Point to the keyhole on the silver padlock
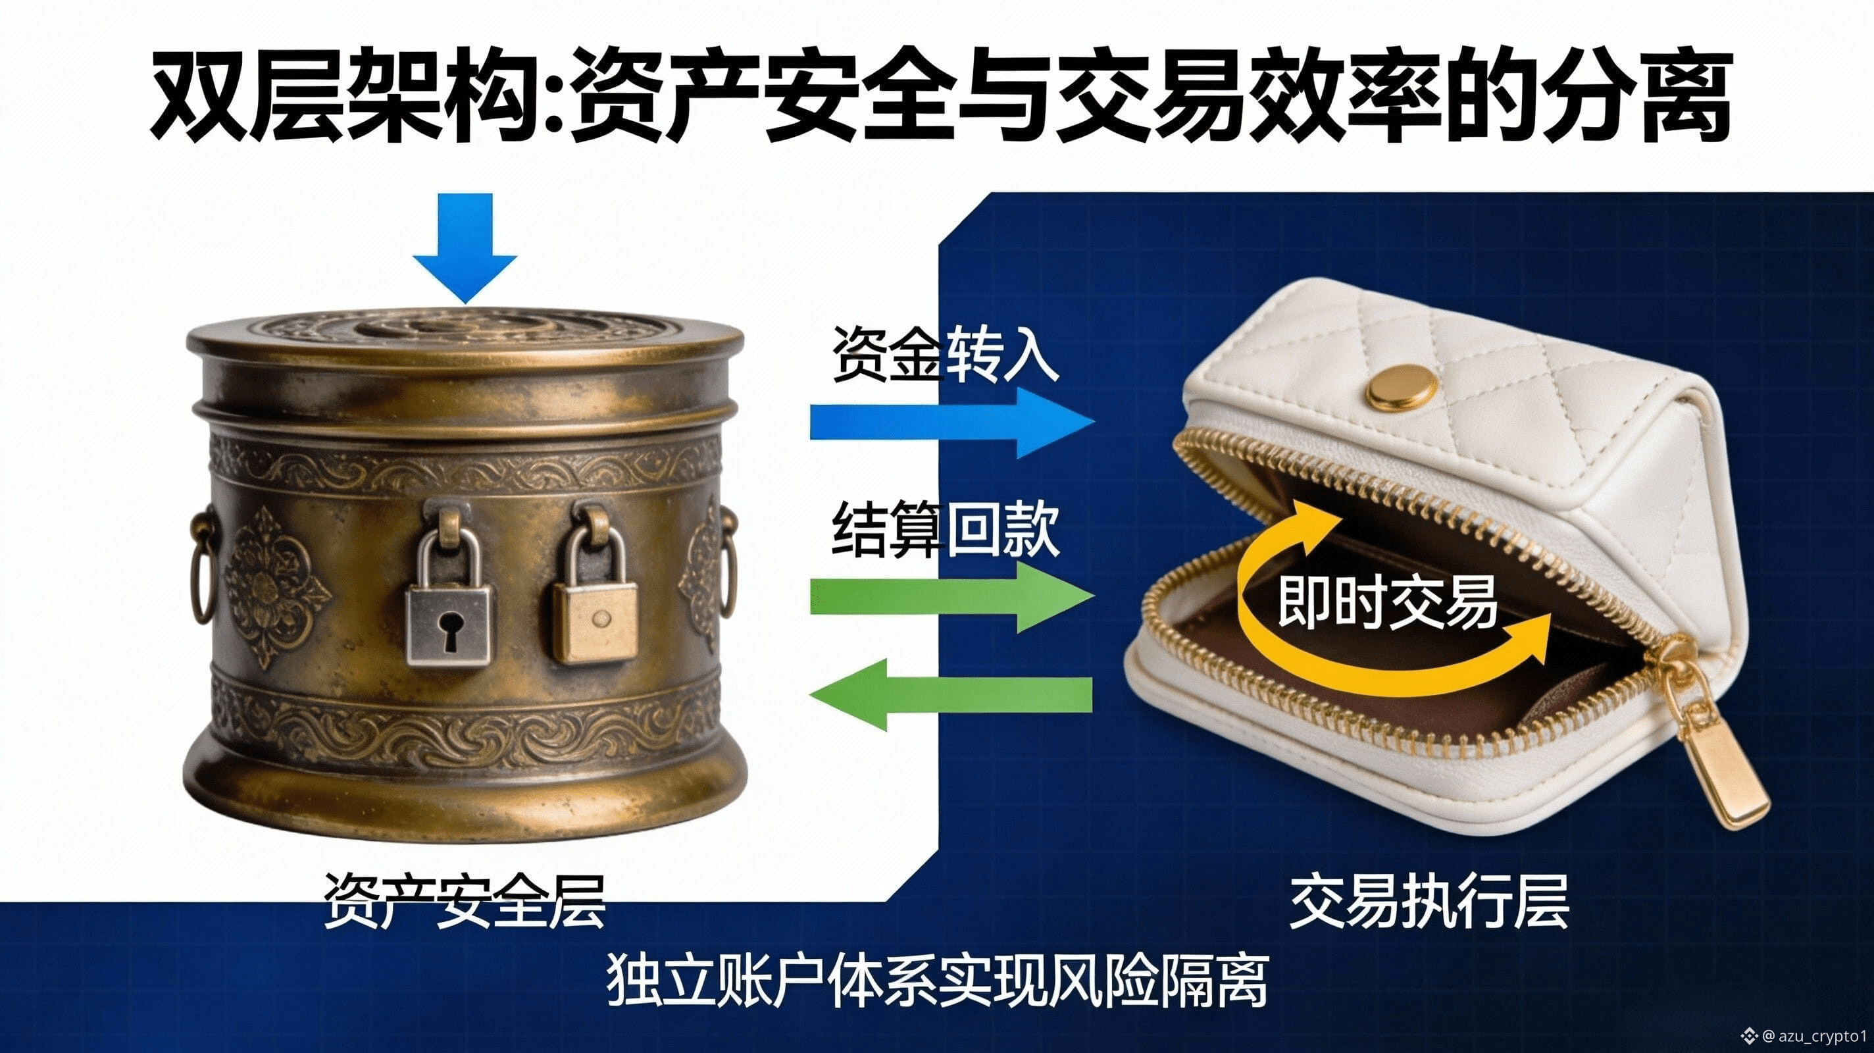click(x=449, y=631)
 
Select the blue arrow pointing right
click(x=952, y=422)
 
